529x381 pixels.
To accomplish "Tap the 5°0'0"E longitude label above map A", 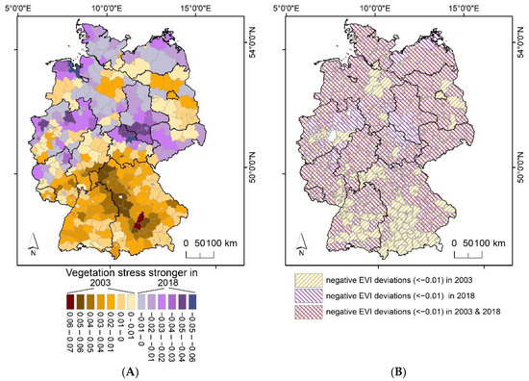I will click(x=25, y=8).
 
